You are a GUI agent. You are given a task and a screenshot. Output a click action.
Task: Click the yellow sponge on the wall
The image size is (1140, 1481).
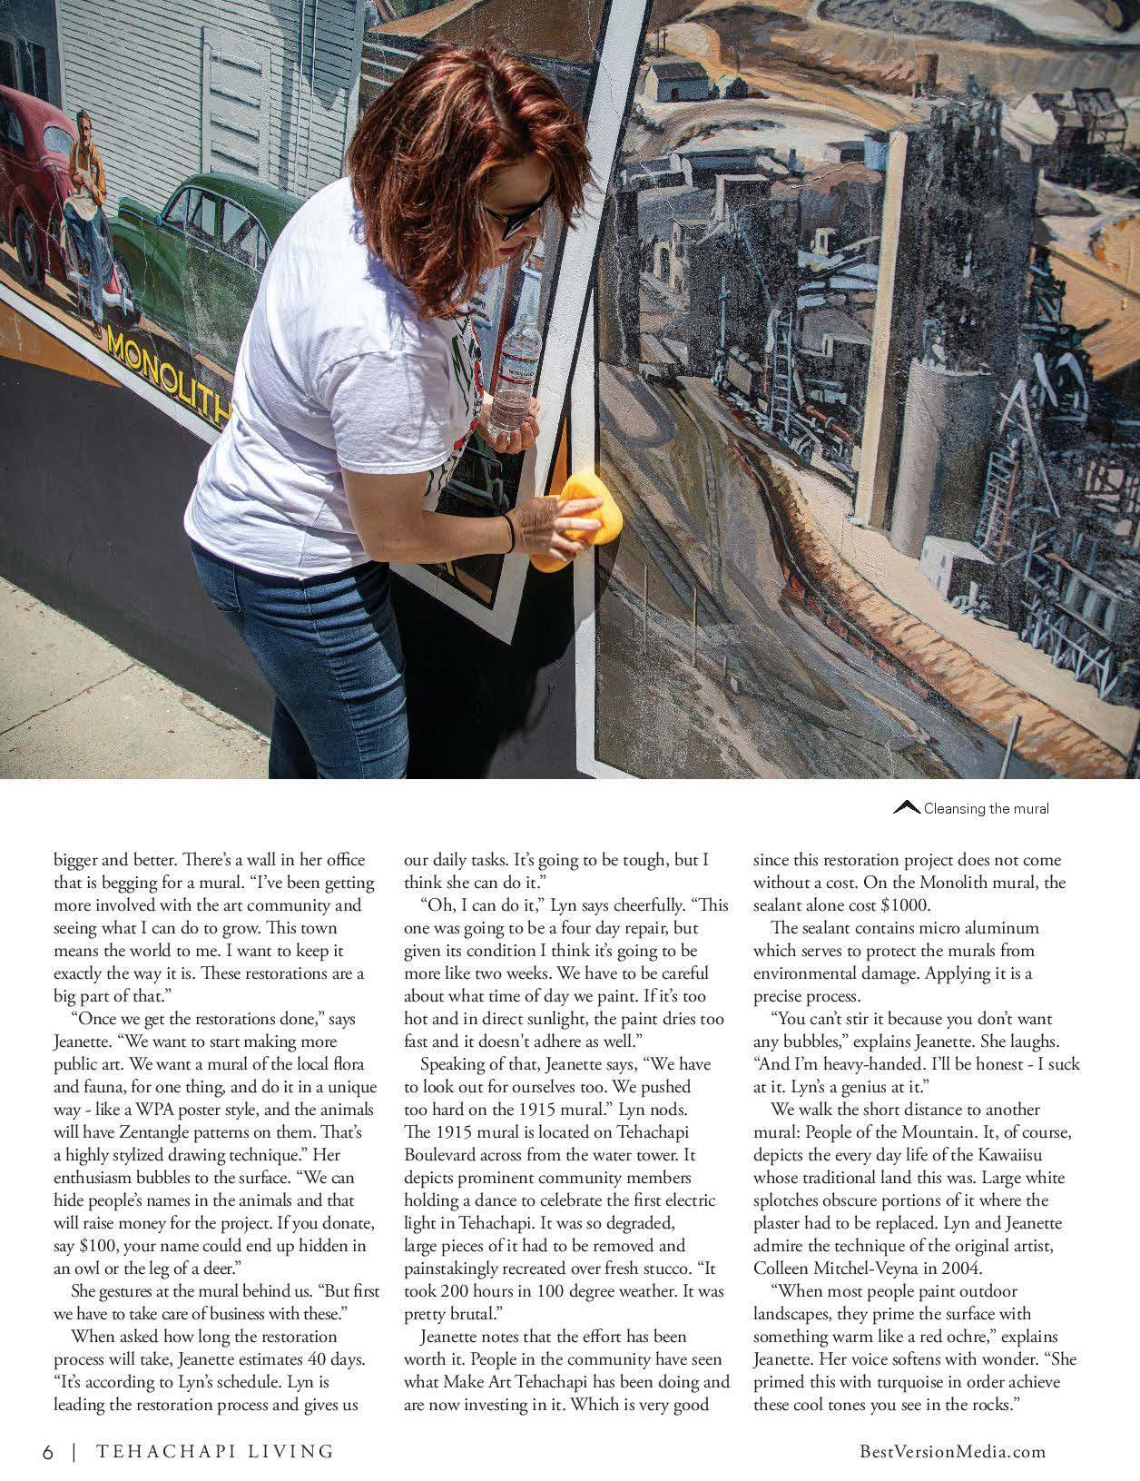pos(569,523)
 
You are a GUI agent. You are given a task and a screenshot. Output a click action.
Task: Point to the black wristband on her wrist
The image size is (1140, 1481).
pos(511,532)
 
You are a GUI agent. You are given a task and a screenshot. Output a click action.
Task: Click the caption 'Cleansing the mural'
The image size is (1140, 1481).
pos(986,808)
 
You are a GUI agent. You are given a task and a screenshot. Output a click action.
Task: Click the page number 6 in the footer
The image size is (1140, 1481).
pos(47,1451)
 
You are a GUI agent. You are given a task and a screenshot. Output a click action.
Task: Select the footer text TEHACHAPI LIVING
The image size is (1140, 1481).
pos(214,1451)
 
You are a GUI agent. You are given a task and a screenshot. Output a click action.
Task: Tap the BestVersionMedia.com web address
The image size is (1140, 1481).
pos(952,1451)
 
